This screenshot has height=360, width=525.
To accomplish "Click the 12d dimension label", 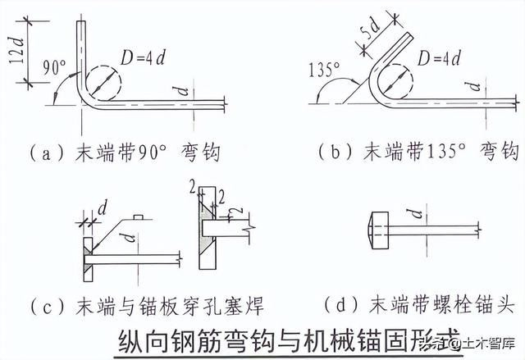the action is click(16, 51).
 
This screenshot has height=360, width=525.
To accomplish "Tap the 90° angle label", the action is click(55, 67).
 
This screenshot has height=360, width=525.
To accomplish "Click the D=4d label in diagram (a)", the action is click(143, 57).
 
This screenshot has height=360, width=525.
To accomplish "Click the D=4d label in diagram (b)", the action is click(439, 59).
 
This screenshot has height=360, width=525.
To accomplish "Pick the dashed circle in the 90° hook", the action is click(103, 84).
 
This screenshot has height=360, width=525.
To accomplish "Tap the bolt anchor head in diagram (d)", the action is click(378, 230).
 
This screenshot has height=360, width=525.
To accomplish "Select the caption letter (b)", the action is click(336, 152).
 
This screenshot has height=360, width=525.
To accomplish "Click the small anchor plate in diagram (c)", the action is click(88, 259).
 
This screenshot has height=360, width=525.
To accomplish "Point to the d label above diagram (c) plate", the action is click(103, 209).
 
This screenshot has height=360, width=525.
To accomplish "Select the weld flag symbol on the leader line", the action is click(139, 217).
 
